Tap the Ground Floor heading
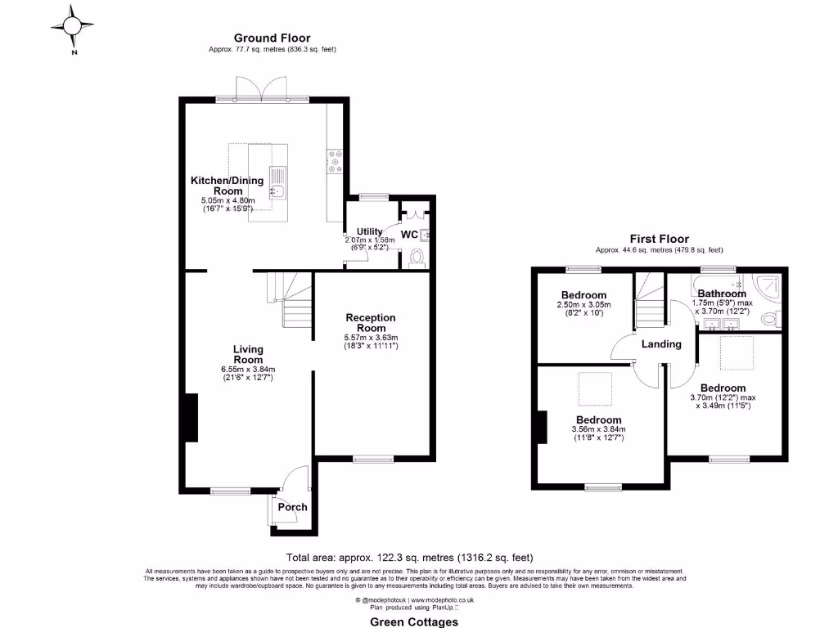tap(272, 38)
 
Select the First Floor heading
tap(659, 239)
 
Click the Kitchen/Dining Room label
tap(228, 186)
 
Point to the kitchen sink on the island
tap(277, 182)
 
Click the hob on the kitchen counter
tap(335, 161)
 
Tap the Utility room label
tap(369, 232)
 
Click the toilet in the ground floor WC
tap(417, 258)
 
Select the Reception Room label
tap(371, 322)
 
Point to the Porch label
tap(292, 507)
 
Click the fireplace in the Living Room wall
tap(191, 418)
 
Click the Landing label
tap(661, 344)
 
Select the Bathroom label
tap(721, 294)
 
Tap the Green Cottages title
tap(415, 621)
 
